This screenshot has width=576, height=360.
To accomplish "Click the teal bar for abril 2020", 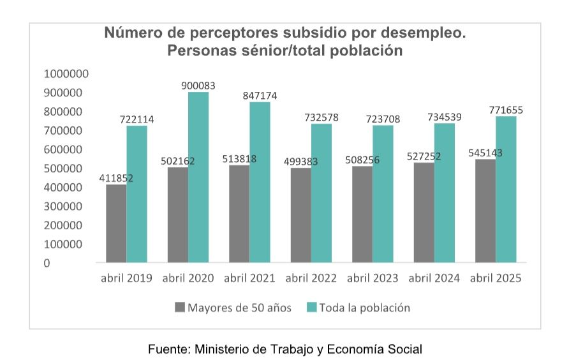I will tap(198, 177).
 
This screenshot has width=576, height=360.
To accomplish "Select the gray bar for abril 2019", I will tap(116, 223).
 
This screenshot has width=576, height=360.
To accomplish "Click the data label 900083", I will tap(198, 85).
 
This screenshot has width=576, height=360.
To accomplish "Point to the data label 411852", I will tap(116, 178).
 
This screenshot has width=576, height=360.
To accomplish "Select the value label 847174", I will tap(260, 96).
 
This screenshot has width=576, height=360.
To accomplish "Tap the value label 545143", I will tap(485, 154).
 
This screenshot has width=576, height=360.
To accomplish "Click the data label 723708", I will tap(383, 119).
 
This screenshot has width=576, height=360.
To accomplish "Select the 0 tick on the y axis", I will tap(47, 263).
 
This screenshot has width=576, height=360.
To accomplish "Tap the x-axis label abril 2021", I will tap(249, 279).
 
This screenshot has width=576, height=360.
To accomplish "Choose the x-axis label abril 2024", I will tap(434, 279).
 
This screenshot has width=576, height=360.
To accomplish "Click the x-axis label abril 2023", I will tap(373, 279).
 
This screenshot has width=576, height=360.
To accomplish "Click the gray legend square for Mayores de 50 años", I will tap(179, 308).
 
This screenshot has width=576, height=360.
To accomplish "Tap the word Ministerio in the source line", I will tap(225, 349).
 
